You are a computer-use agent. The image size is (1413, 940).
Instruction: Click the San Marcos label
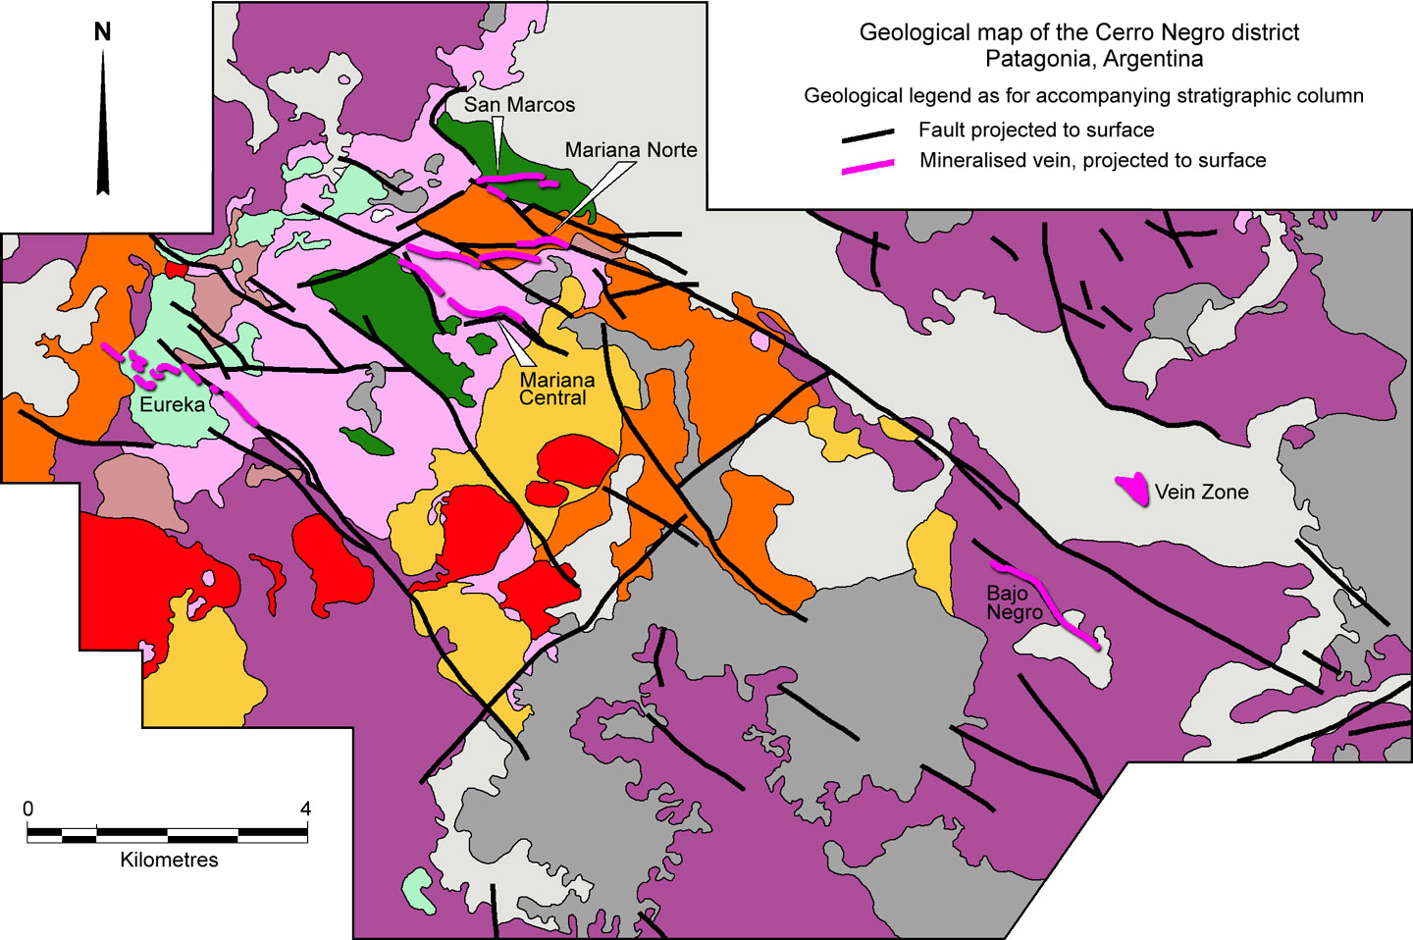click(x=519, y=105)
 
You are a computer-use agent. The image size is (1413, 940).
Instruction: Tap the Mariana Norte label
click(x=631, y=150)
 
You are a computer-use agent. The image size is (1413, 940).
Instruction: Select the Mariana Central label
click(x=556, y=389)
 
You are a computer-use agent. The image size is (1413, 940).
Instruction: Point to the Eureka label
click(x=173, y=404)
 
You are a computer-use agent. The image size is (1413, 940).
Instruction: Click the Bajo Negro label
click(x=1014, y=602)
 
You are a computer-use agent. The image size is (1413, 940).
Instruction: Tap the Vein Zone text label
click(x=1201, y=493)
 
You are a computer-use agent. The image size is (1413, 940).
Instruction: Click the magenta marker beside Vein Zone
click(x=1133, y=489)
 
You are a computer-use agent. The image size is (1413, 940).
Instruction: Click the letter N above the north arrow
click(x=102, y=32)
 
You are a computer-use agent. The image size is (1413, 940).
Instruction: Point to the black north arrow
click(x=103, y=128)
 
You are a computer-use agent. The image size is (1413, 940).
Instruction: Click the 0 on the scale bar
click(x=27, y=809)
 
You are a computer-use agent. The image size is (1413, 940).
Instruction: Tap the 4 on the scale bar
click(x=305, y=809)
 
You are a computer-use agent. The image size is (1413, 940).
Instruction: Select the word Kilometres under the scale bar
click(x=169, y=860)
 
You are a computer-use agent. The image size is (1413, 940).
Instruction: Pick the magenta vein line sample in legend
click(x=867, y=166)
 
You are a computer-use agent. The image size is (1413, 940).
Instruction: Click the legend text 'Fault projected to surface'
click(x=1035, y=130)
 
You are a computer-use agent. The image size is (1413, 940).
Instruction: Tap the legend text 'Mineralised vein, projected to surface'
click(x=1092, y=160)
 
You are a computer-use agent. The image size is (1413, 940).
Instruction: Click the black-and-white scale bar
click(x=167, y=835)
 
